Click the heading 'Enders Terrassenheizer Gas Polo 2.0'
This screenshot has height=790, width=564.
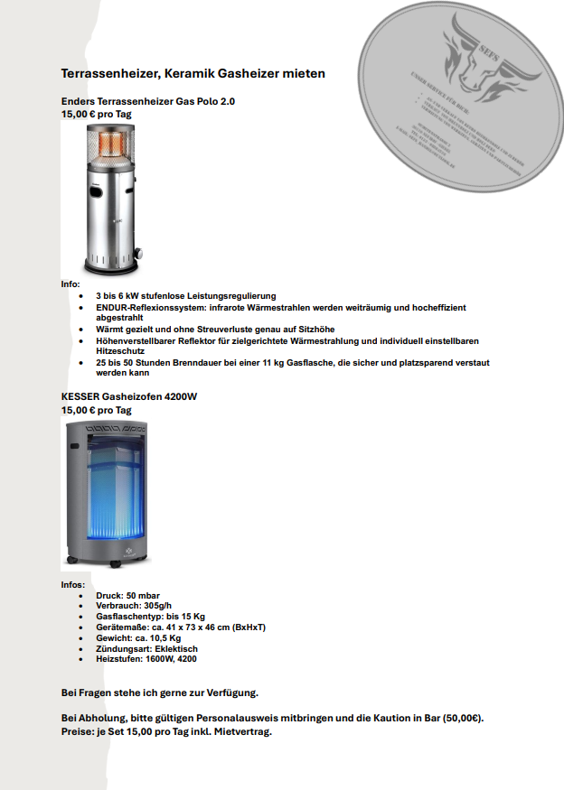pos(147,102)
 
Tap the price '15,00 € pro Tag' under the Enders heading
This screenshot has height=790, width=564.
pos(97,115)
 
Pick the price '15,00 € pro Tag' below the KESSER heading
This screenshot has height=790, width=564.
pos(97,410)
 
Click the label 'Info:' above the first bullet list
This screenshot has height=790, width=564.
pos(71,284)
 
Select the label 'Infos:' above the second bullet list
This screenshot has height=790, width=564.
pos(73,585)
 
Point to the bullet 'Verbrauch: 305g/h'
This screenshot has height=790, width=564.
pos(135,606)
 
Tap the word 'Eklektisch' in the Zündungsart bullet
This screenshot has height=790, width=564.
pos(177,649)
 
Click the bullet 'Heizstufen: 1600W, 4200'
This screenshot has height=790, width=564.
pos(146,659)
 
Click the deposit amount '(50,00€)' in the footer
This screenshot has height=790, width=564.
pos(464,719)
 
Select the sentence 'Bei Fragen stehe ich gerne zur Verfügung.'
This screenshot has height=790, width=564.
pos(160,692)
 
